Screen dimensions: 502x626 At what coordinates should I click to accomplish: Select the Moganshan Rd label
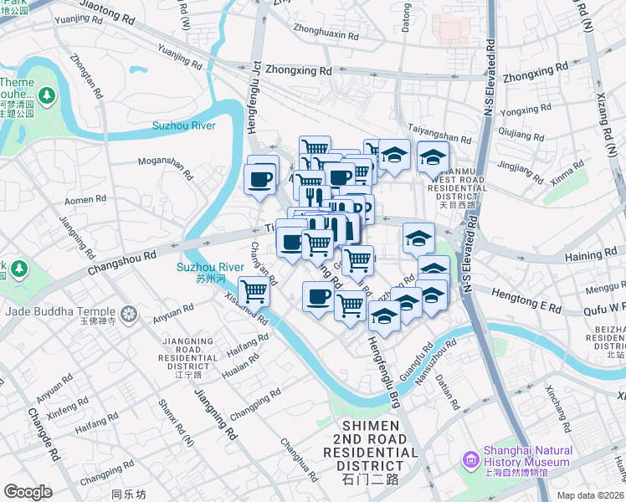coord(166,167)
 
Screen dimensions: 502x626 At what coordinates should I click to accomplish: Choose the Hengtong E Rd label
coord(527,303)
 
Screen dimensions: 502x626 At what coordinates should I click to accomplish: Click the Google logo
coord(28,492)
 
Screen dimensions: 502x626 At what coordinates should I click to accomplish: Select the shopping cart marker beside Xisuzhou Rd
coord(254,291)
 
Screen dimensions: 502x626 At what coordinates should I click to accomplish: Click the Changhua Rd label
coord(299,459)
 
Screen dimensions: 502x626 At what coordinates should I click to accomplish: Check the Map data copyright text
coord(590,494)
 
